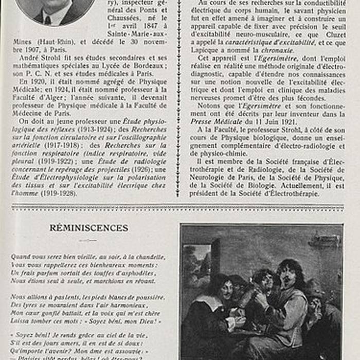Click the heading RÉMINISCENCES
[89, 228]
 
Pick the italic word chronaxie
[277, 50]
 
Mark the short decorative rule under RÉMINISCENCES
[88, 240]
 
